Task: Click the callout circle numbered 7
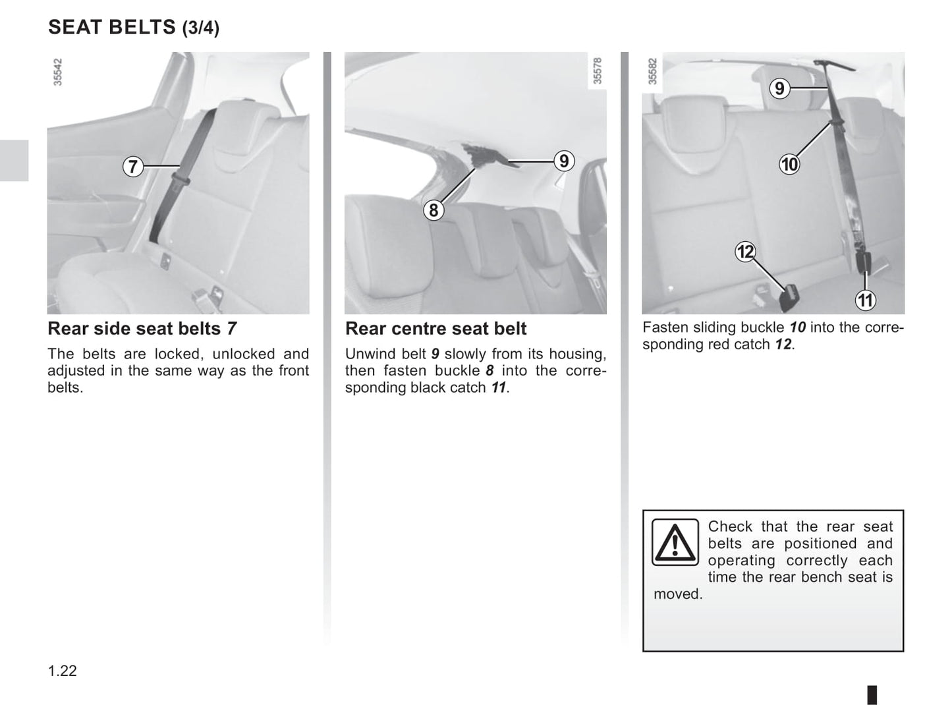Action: pos(132,166)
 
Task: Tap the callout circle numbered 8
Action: pos(434,210)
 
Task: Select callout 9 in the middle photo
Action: pos(564,161)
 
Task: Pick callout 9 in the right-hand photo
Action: pos(779,88)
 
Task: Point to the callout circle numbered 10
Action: pos(789,165)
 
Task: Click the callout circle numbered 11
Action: pos(865,300)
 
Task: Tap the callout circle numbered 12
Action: pos(746,252)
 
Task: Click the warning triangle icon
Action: pos(675,542)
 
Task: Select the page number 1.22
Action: pos(62,671)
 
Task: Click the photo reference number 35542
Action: pos(57,72)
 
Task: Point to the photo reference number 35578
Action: pos(597,71)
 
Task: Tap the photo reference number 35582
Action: pos(652,71)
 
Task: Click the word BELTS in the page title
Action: pos(142,27)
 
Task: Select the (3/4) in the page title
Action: pos(201,28)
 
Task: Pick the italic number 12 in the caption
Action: pos(783,345)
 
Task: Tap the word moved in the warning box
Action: pos(677,594)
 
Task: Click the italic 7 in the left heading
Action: pos(232,329)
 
